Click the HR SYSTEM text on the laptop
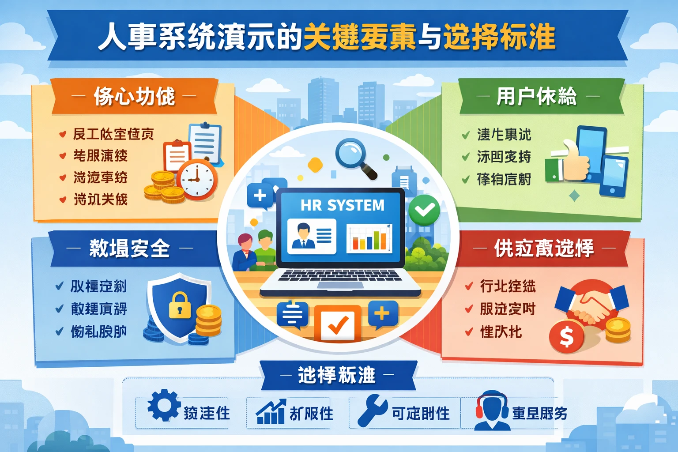click(342, 205)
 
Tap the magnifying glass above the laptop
click(353, 155)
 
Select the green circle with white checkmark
click(424, 211)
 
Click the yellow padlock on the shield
click(180, 305)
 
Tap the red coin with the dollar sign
click(566, 337)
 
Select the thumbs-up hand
click(574, 162)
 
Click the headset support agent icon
click(492, 411)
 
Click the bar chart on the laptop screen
click(369, 238)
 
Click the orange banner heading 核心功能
click(134, 97)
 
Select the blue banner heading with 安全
click(129, 249)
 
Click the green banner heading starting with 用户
click(537, 97)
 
